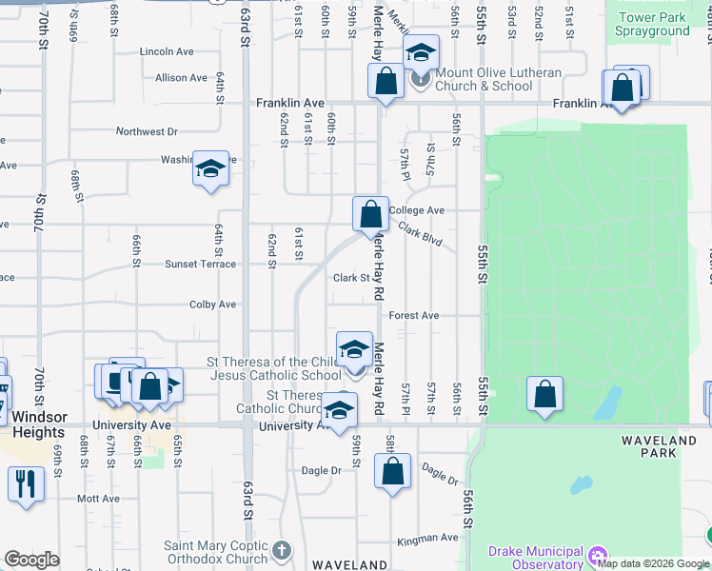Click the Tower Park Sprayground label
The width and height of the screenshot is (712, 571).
coord(653,24)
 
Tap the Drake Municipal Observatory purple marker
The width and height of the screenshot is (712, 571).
coord(597,554)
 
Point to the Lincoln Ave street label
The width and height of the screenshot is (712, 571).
coord(167,51)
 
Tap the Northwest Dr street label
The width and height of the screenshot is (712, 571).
coord(147,131)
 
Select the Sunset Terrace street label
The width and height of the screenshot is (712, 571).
coord(200,264)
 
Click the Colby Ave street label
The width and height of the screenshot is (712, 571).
coord(212,305)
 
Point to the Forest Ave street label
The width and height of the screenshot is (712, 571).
coord(413,315)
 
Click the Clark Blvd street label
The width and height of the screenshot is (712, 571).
coord(421,235)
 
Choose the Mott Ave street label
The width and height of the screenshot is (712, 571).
coord(99,498)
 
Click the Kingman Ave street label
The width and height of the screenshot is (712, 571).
coord(428,538)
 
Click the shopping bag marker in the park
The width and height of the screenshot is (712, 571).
coord(544,394)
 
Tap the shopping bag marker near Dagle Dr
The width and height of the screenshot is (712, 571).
coord(392,471)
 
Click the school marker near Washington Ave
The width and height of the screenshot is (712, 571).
coord(210,168)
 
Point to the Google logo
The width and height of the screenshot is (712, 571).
coord(32,560)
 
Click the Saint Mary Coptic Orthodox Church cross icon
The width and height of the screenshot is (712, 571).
coord(281,550)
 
